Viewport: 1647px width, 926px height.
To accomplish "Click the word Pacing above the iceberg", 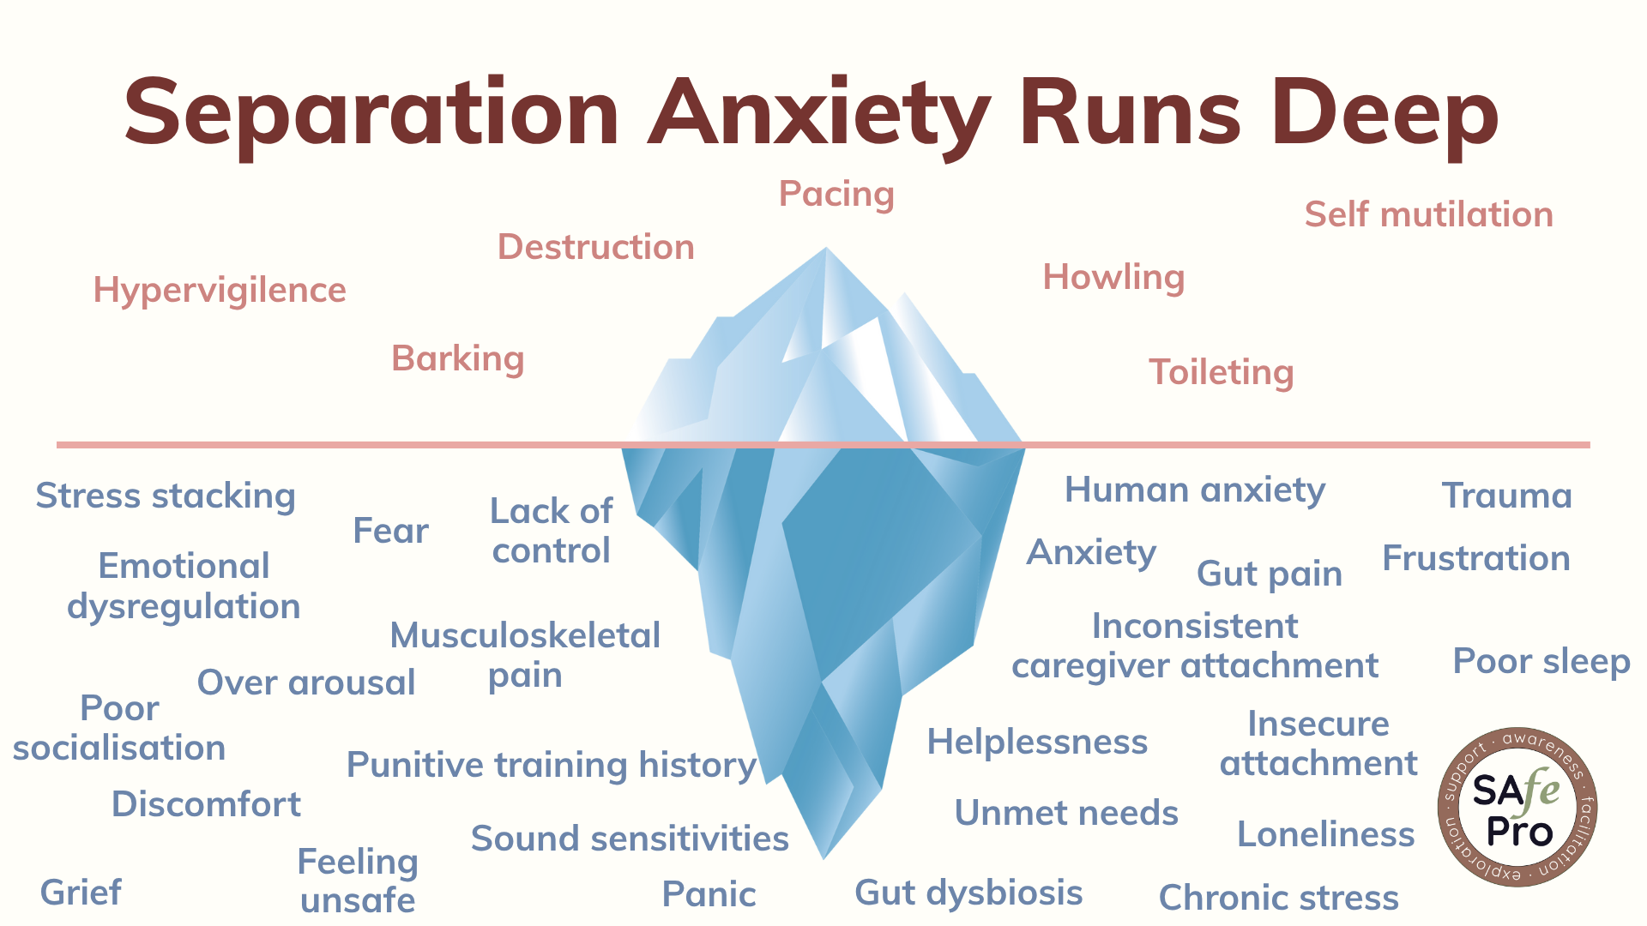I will [x=836, y=194].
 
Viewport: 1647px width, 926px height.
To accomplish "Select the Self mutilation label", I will [x=1428, y=214].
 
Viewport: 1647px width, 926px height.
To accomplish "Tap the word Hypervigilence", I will [x=220, y=290].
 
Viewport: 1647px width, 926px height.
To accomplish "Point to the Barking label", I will [x=457, y=358].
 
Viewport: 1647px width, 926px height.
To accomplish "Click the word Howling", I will [x=1113, y=277].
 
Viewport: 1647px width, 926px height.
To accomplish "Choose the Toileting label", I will [x=1221, y=372].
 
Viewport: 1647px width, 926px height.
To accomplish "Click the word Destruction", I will [x=595, y=247].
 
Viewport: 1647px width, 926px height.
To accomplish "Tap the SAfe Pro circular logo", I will [x=1517, y=808].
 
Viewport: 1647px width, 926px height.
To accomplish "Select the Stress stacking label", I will [x=166, y=496].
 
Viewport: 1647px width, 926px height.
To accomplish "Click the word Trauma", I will [x=1506, y=496].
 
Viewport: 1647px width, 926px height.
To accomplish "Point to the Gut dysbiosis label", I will [x=968, y=893].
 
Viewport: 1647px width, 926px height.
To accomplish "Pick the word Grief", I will [x=81, y=893].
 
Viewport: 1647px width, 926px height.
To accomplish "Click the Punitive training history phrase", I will [x=551, y=765].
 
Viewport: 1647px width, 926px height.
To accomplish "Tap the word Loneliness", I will [x=1325, y=834].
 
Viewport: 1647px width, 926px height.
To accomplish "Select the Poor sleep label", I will [x=1541, y=661].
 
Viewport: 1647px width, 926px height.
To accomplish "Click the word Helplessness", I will [x=1037, y=742].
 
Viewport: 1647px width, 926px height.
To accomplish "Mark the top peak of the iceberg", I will [x=826, y=250].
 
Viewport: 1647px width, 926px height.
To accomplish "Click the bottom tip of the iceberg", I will [x=823, y=856].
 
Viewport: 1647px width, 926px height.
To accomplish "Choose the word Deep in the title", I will [x=1384, y=114].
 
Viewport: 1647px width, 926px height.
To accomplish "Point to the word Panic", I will [x=709, y=894].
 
